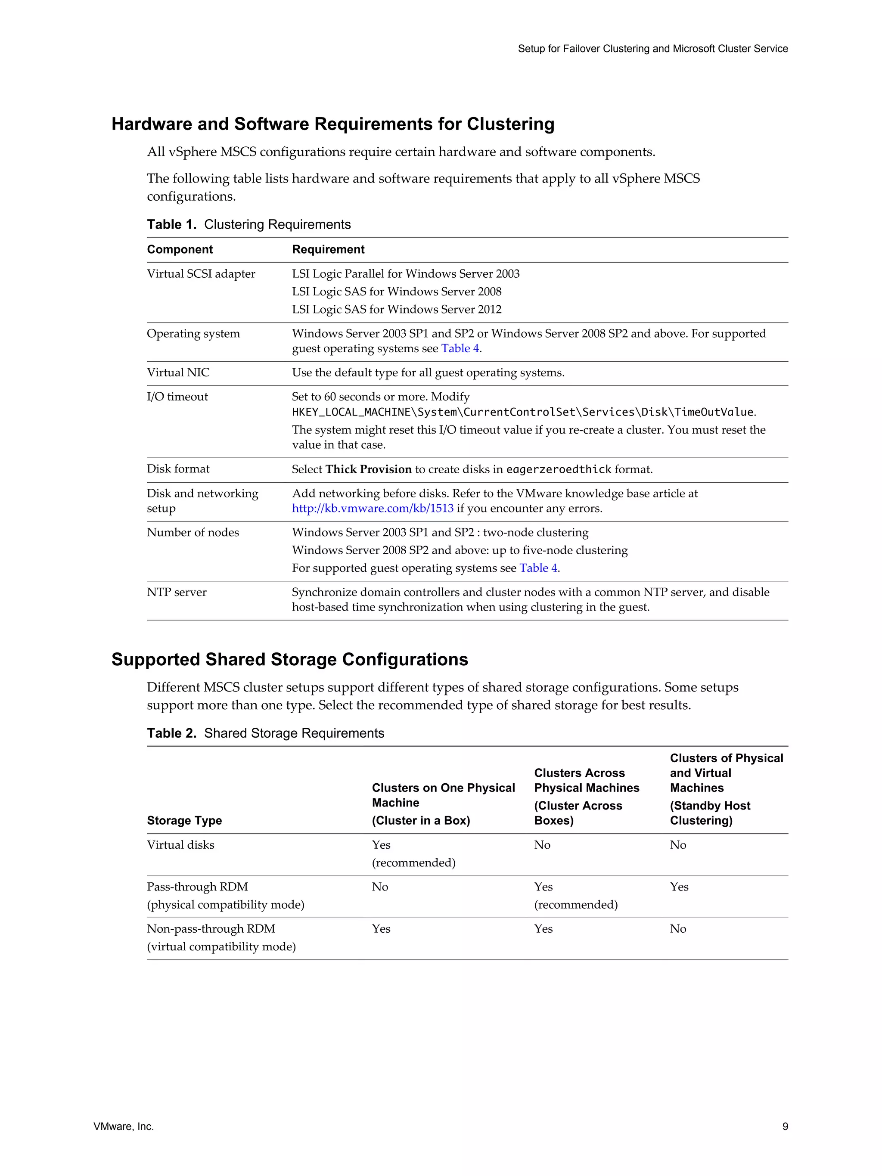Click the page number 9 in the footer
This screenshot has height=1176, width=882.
785,1126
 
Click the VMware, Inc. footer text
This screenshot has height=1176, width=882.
123,1126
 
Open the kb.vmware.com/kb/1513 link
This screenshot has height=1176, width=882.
373,508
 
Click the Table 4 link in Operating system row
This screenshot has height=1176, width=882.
460,348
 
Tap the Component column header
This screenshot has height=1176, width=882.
180,249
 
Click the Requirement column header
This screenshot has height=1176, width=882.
328,249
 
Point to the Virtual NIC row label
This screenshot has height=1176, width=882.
178,372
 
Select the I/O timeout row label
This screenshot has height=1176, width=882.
177,397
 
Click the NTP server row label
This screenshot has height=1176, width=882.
177,592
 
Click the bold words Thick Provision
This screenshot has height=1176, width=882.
368,469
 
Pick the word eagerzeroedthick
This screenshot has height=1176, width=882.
559,469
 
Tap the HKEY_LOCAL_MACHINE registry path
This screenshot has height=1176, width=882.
522,412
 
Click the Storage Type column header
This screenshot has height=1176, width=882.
184,820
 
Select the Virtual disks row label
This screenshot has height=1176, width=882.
181,845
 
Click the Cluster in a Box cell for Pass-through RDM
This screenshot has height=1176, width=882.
380,887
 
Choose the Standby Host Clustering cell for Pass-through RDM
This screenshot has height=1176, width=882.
679,887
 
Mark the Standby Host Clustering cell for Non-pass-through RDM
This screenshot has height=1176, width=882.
678,929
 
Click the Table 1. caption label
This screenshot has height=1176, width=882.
172,224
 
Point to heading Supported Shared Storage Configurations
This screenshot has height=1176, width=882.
290,659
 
